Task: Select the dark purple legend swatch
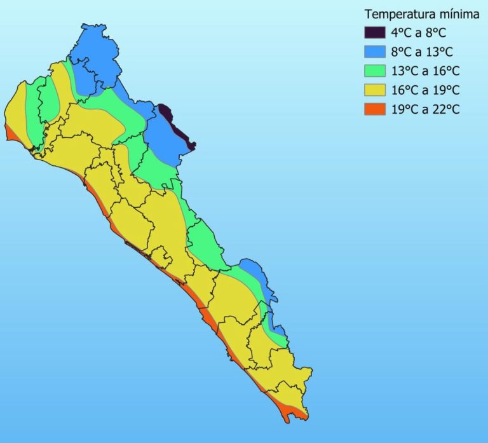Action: pos(374,33)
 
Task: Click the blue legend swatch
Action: pos(374,52)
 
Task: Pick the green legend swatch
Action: pos(374,71)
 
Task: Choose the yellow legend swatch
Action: pos(374,90)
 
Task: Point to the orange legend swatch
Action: pos(374,109)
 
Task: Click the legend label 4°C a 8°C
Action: pos(420,33)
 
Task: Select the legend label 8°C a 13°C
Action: pos(423,52)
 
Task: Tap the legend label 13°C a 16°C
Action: pos(426,71)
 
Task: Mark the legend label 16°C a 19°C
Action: pos(426,90)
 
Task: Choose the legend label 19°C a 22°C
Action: pos(426,109)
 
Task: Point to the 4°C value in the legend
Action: pos(400,33)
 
